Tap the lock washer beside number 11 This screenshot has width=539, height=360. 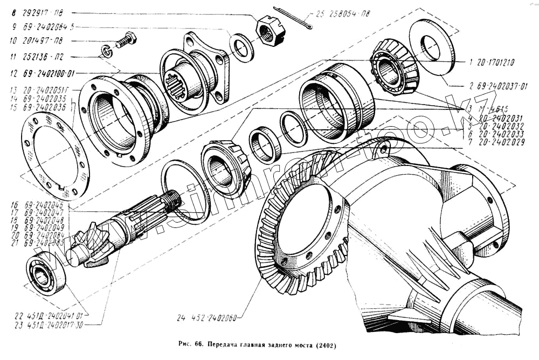[107, 52]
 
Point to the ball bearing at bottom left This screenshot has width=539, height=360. [45, 273]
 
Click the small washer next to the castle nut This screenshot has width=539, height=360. [241, 47]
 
